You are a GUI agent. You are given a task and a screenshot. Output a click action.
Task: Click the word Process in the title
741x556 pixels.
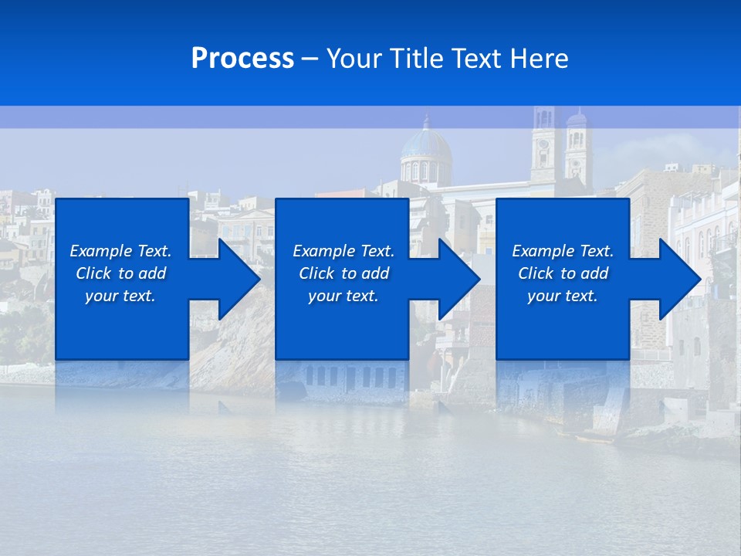click(242, 59)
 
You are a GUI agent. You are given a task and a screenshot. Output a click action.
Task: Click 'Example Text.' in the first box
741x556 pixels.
click(120, 251)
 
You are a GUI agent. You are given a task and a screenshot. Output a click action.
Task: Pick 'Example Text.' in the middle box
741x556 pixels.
click(343, 251)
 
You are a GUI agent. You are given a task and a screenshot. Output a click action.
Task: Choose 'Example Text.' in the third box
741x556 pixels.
click(563, 251)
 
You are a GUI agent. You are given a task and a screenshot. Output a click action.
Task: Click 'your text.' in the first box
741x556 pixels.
click(120, 296)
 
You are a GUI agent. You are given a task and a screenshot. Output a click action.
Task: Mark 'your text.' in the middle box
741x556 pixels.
click(343, 296)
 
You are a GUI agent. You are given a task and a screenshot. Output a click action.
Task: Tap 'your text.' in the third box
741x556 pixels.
click(563, 296)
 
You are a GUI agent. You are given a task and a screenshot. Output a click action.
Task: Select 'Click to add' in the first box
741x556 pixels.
click(120, 273)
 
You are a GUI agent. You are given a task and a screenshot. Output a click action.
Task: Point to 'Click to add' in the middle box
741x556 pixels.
click(343, 273)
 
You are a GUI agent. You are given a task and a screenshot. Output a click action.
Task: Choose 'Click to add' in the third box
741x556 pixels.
click(563, 273)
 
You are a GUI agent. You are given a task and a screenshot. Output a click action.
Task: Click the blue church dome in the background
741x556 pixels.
click(426, 147)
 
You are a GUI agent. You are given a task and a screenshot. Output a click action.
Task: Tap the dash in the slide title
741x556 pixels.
click(310, 59)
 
